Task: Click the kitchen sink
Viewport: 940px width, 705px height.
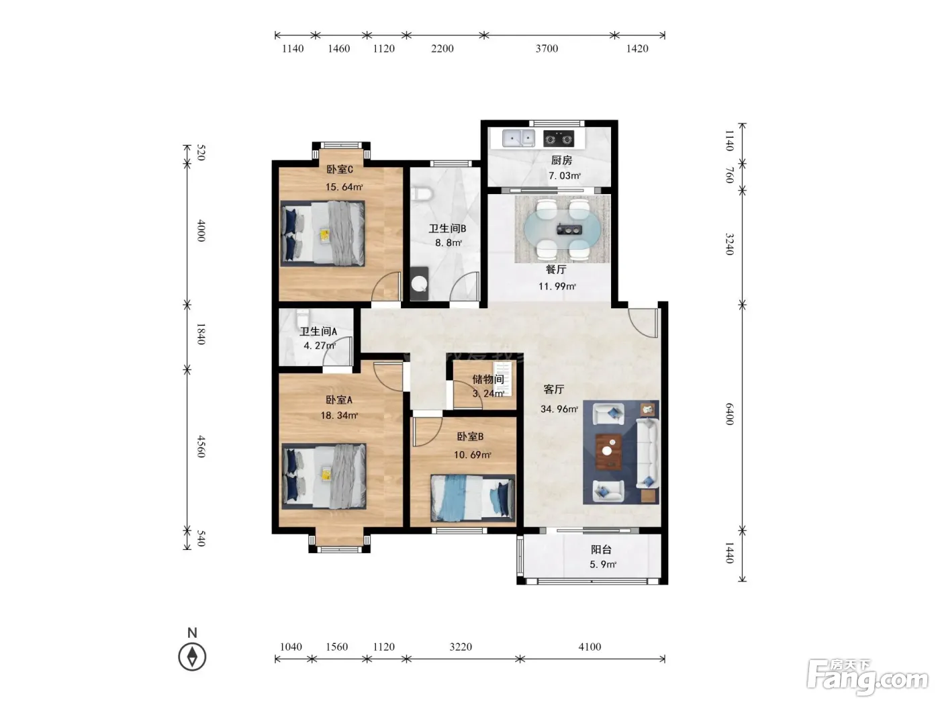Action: (518, 138)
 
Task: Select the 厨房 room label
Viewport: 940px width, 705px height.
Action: (561, 160)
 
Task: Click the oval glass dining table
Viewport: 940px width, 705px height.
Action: (562, 230)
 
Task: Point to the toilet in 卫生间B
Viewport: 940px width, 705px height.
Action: (421, 193)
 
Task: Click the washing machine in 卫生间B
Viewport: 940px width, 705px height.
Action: (419, 283)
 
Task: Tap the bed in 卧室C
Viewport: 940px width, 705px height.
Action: (322, 234)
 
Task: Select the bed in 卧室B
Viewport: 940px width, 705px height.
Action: (473, 498)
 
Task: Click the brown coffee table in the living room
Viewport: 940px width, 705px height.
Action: (608, 452)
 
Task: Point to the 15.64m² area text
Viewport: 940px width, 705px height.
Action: (344, 187)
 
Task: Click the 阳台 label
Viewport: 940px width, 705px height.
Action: (601, 550)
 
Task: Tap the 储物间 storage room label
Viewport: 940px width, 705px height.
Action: (487, 379)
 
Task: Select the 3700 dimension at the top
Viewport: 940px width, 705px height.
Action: (547, 49)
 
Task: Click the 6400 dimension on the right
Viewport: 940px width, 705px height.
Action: (729, 414)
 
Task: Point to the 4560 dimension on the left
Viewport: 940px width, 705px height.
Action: (201, 446)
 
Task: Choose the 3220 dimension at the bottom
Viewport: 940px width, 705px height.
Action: (461, 647)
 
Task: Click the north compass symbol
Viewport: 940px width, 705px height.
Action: (192, 656)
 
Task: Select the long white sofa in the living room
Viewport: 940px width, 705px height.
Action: (647, 453)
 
